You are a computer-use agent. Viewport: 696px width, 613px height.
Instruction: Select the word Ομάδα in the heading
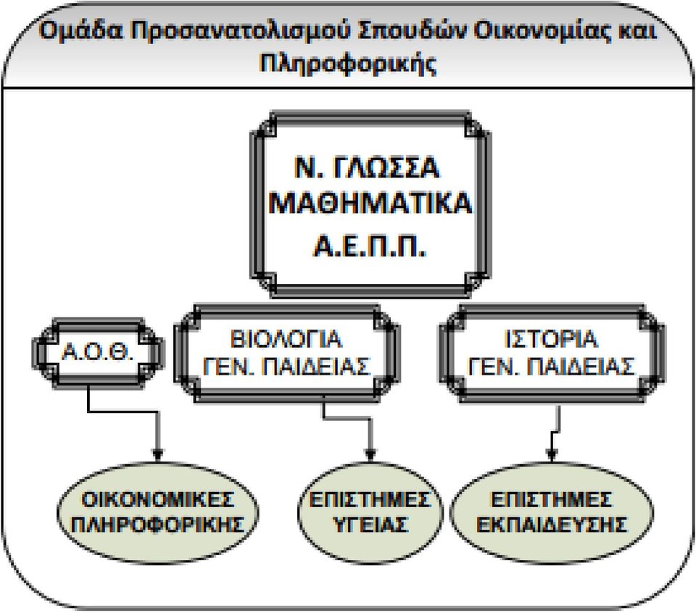[80, 31]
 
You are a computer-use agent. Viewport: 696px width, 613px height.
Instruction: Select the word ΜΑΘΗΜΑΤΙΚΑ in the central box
[370, 204]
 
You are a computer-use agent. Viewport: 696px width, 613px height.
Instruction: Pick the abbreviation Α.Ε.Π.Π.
[370, 246]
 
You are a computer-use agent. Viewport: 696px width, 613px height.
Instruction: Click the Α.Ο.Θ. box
[98, 353]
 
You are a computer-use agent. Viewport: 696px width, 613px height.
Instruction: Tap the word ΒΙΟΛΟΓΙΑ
[286, 339]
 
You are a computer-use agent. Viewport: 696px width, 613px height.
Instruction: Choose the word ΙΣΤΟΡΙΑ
[552, 339]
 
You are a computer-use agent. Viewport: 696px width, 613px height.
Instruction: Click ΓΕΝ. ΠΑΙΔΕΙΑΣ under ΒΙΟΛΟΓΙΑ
[286, 367]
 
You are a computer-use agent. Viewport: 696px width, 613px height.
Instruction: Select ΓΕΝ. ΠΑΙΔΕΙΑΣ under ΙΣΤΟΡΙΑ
[552, 367]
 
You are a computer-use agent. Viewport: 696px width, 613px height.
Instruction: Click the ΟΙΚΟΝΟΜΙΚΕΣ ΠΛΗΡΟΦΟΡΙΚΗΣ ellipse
[158, 512]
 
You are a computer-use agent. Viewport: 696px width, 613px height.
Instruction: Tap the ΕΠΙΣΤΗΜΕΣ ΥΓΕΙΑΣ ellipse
[370, 512]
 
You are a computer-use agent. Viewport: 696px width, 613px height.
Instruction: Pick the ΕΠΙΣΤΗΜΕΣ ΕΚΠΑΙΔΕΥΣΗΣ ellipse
[552, 512]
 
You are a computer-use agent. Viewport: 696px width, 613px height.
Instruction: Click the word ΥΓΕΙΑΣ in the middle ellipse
[370, 525]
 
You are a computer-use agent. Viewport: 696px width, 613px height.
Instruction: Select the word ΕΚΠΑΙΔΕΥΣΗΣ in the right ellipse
[552, 525]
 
